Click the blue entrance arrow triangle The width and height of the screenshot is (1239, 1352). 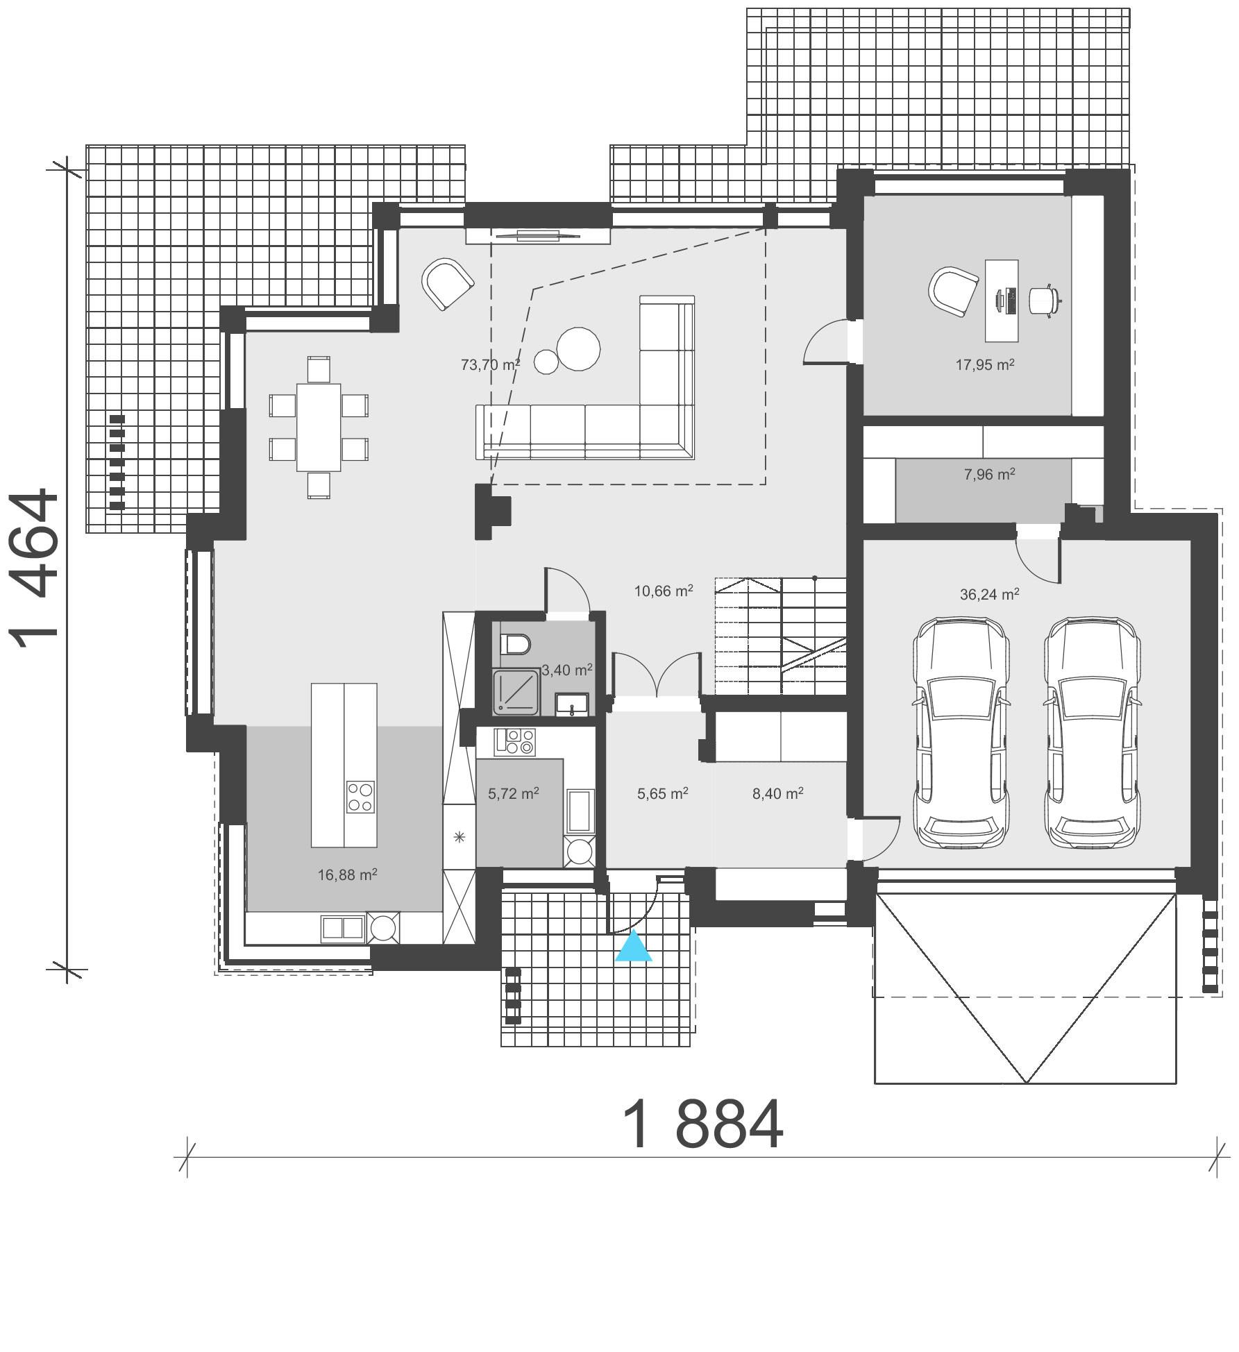(633, 947)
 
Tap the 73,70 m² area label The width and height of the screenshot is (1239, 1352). (490, 364)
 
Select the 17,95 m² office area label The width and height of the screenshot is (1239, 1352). (984, 364)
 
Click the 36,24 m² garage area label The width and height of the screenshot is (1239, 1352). (989, 594)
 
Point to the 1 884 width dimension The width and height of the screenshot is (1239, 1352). (702, 1125)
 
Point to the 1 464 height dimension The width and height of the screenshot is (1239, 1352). (36, 567)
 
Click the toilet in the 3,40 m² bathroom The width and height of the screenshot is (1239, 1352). (515, 645)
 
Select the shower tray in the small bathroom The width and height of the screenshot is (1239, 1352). (516, 691)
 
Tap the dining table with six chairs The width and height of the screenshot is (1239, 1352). (319, 427)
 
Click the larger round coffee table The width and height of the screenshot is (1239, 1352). (578, 348)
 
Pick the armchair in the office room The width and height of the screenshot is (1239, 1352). (952, 291)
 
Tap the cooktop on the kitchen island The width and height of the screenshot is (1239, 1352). (360, 797)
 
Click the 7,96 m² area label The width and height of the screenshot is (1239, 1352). (989, 475)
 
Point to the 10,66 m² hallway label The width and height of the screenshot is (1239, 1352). (663, 591)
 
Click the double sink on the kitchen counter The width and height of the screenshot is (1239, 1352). (342, 928)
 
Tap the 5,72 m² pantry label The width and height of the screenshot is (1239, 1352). (513, 793)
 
